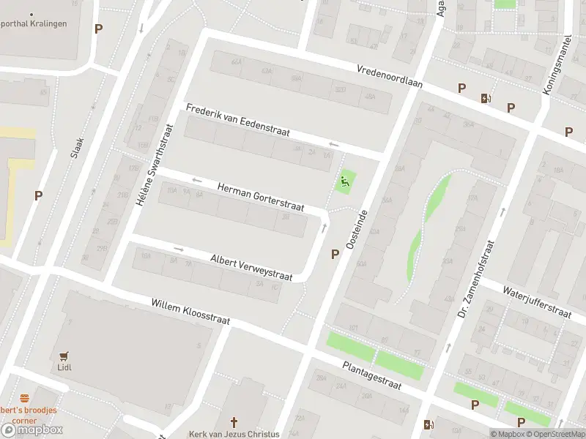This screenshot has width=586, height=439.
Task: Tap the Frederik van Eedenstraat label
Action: coord(238,121)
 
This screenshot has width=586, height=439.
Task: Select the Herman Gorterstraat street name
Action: coord(260,198)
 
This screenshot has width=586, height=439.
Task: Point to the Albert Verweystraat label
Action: coord(251,268)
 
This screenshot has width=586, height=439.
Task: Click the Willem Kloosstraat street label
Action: coord(190,312)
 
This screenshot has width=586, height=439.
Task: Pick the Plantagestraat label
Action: coord(379,380)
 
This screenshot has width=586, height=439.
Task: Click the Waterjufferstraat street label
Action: coord(536,301)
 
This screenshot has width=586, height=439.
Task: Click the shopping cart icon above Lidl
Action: coord(65,356)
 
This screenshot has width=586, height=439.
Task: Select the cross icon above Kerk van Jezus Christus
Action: coord(234,422)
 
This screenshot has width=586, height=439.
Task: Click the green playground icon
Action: coord(345,180)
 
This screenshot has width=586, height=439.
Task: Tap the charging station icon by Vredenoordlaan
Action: coord(485,98)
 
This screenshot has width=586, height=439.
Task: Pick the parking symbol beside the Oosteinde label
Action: coord(335,254)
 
